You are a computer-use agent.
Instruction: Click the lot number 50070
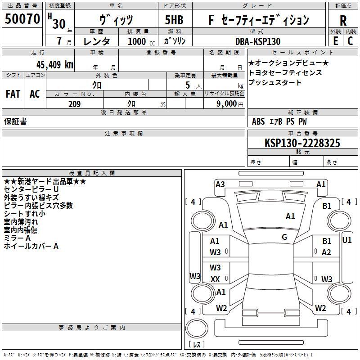pyautogui.click(x=22, y=19)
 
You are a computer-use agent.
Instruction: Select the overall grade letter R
pyautogui.click(x=343, y=21)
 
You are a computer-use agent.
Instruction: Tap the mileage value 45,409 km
pyautogui.click(x=55, y=65)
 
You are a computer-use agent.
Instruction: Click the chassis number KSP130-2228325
pyautogui.click(x=302, y=143)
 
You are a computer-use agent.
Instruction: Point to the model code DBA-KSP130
pyautogui.click(x=258, y=41)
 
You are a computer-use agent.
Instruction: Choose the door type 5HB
pyautogui.click(x=174, y=20)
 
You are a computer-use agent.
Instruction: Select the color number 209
pyautogui.click(x=74, y=104)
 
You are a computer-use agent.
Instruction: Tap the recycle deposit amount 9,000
pyautogui.click(x=227, y=104)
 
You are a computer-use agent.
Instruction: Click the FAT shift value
pyautogui.click(x=13, y=94)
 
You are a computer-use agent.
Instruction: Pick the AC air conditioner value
pyautogui.click(x=35, y=94)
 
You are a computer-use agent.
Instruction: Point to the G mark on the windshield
pyautogui.click(x=284, y=237)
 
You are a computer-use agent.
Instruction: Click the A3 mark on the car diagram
pyautogui.click(x=220, y=184)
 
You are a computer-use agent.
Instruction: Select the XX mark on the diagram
pyautogui.click(x=215, y=279)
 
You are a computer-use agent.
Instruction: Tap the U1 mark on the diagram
pyautogui.click(x=346, y=240)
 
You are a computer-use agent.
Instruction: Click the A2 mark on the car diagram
pyautogui.click(x=326, y=252)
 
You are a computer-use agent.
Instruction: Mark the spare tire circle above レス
pyautogui.click(x=197, y=328)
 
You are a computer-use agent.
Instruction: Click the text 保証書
pyautogui.click(x=15, y=121)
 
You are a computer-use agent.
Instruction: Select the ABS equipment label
pyautogui.click(x=258, y=121)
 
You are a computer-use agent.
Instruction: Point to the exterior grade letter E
pyautogui.click(x=335, y=41)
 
